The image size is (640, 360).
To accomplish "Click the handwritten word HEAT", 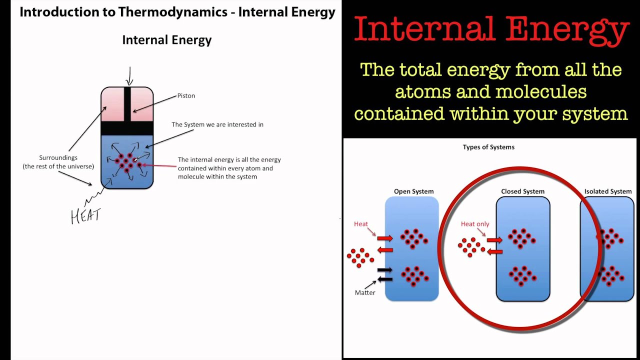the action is (86, 216).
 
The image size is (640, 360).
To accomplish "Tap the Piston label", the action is (186, 95).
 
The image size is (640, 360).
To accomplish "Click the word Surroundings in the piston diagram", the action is (58, 157).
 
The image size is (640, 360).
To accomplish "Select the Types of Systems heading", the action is (488, 147).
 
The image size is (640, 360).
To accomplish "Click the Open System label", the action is (413, 191).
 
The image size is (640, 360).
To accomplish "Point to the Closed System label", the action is (522, 191).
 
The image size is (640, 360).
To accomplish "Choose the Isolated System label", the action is (607, 191).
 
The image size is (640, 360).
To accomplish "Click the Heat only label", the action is (474, 224).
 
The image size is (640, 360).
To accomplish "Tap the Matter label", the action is (365, 292).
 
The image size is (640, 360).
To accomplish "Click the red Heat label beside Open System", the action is (361, 224).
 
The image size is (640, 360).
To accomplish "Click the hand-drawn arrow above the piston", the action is (129, 76).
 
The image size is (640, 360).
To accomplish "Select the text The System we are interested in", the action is (217, 124).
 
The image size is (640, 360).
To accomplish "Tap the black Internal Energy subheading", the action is (167, 40).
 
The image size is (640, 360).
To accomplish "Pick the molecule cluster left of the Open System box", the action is (360, 257).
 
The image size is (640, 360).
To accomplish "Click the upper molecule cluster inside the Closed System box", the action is (522, 238).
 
